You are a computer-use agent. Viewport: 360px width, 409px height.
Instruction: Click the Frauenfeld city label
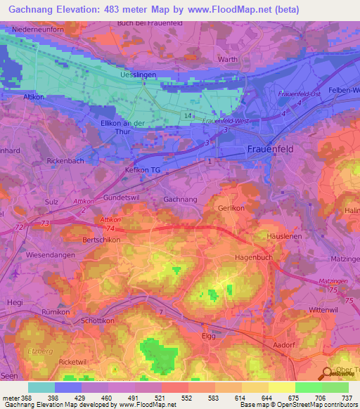tap(271, 149)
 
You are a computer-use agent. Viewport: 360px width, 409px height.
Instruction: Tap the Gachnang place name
tap(179, 200)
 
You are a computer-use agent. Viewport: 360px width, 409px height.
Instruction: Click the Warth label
tap(228, 60)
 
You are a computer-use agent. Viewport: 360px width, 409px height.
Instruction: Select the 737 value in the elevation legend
tap(347, 397)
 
